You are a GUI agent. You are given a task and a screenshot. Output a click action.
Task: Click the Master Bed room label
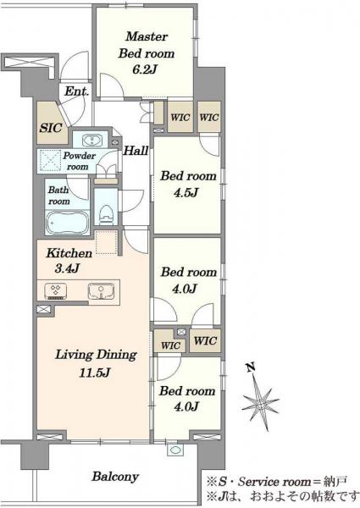147,45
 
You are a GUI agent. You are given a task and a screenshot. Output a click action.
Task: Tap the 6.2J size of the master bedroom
145,69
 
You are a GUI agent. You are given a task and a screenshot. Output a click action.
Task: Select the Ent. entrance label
76,91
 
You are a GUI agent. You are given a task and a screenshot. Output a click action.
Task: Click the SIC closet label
51,128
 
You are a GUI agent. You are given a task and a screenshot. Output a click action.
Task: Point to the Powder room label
79,161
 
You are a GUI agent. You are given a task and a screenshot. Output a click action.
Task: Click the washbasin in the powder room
93,141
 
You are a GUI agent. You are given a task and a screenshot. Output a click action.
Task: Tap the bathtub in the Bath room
68,222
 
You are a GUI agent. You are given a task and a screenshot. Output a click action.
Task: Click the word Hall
136,151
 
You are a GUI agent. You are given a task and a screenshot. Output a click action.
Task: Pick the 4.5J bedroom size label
186,193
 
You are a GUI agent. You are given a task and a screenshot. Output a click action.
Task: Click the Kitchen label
69,253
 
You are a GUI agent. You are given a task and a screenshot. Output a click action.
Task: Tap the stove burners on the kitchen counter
56,291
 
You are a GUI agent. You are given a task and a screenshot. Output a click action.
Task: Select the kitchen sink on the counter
101,291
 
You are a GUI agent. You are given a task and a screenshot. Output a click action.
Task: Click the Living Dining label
97,355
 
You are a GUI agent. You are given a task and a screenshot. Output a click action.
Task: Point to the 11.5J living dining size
95,373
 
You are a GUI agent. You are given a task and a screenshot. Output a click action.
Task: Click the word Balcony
115,476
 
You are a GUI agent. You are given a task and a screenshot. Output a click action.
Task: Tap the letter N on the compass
250,367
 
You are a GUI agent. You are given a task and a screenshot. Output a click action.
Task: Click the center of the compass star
261,404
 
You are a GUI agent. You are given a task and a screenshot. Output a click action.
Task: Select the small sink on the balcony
175,450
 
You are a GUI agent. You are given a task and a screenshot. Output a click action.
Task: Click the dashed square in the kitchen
106,242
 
